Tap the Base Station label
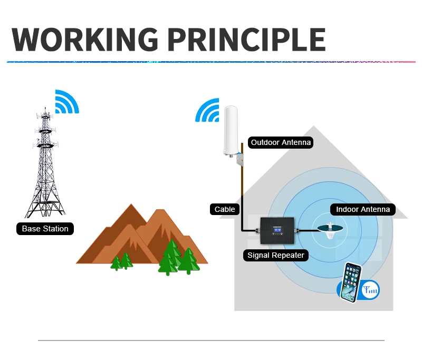tap(45, 229)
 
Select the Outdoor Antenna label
tap(281, 142)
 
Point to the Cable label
tap(225, 209)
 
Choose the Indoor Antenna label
tap(363, 209)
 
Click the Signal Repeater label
tap(276, 255)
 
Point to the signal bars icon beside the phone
tap(370, 289)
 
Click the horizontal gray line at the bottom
tap(211, 340)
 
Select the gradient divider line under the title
tap(211, 62)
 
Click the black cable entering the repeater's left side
tap(248, 230)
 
